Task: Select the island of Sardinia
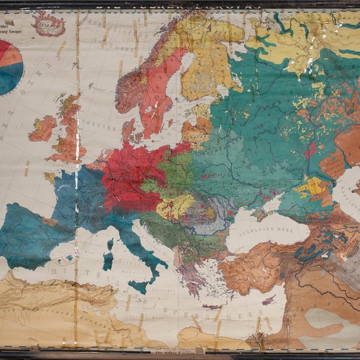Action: point(109,257)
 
